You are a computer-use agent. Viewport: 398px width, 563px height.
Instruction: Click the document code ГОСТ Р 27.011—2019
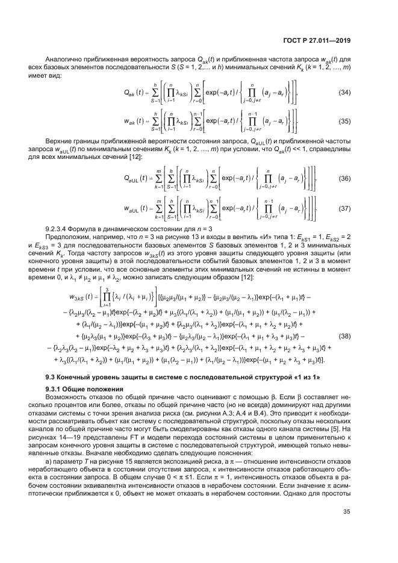[x=320, y=41]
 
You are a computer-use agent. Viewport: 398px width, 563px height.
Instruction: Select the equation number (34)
[x=346, y=92]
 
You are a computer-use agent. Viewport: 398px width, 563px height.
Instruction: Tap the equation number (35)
[x=346, y=120]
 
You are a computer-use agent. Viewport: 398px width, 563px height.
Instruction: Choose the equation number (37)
[x=346, y=208]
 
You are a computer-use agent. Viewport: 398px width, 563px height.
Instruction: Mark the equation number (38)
[x=346, y=335]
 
